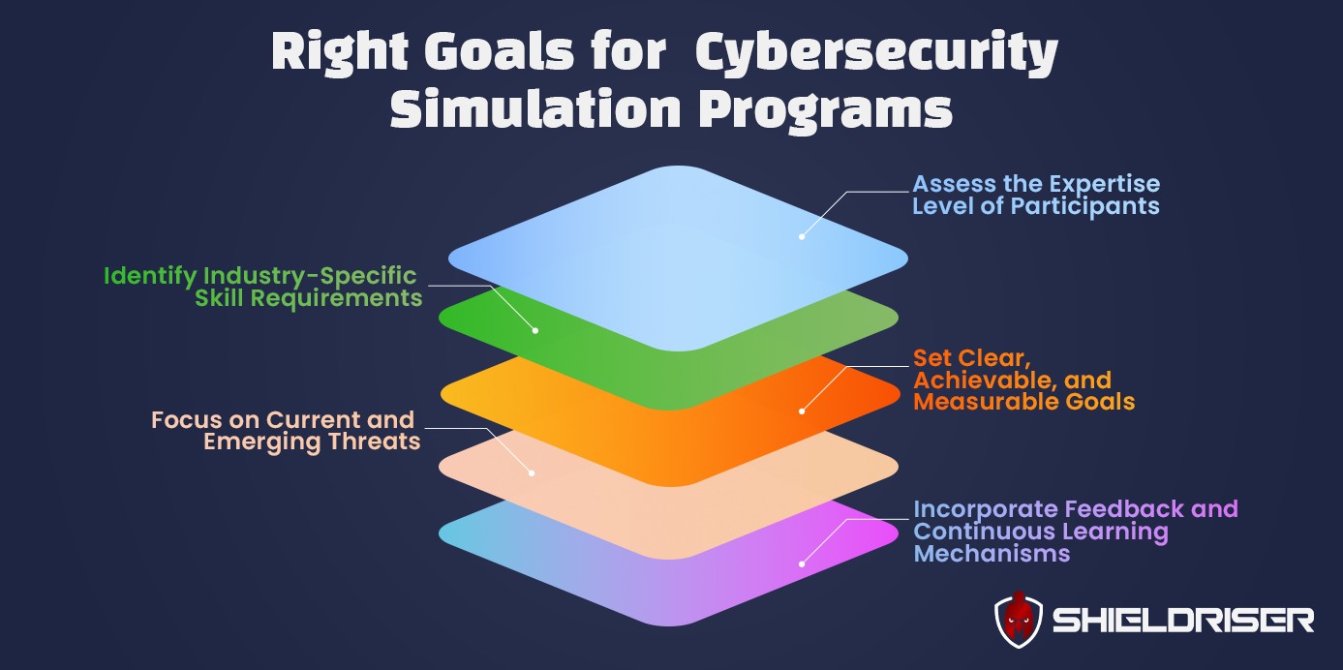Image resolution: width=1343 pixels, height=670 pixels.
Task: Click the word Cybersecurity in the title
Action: click(876, 54)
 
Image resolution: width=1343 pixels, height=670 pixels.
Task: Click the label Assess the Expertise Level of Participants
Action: click(1035, 195)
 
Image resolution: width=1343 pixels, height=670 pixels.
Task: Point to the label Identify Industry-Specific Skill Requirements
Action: click(261, 288)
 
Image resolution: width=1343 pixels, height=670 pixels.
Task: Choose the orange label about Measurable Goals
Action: click(1023, 380)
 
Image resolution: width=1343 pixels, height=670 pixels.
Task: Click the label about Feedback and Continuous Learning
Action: click(1075, 532)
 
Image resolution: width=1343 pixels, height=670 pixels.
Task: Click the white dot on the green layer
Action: click(535, 330)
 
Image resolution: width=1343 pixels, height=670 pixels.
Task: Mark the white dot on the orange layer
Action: click(802, 411)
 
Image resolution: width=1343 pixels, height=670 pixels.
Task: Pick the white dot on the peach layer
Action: click(531, 472)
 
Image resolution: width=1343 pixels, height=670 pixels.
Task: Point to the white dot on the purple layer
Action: click(802, 563)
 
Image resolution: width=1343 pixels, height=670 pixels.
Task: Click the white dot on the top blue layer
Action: click(802, 235)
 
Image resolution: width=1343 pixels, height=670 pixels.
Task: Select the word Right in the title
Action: click(340, 54)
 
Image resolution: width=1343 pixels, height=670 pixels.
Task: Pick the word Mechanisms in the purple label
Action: click(992, 554)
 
